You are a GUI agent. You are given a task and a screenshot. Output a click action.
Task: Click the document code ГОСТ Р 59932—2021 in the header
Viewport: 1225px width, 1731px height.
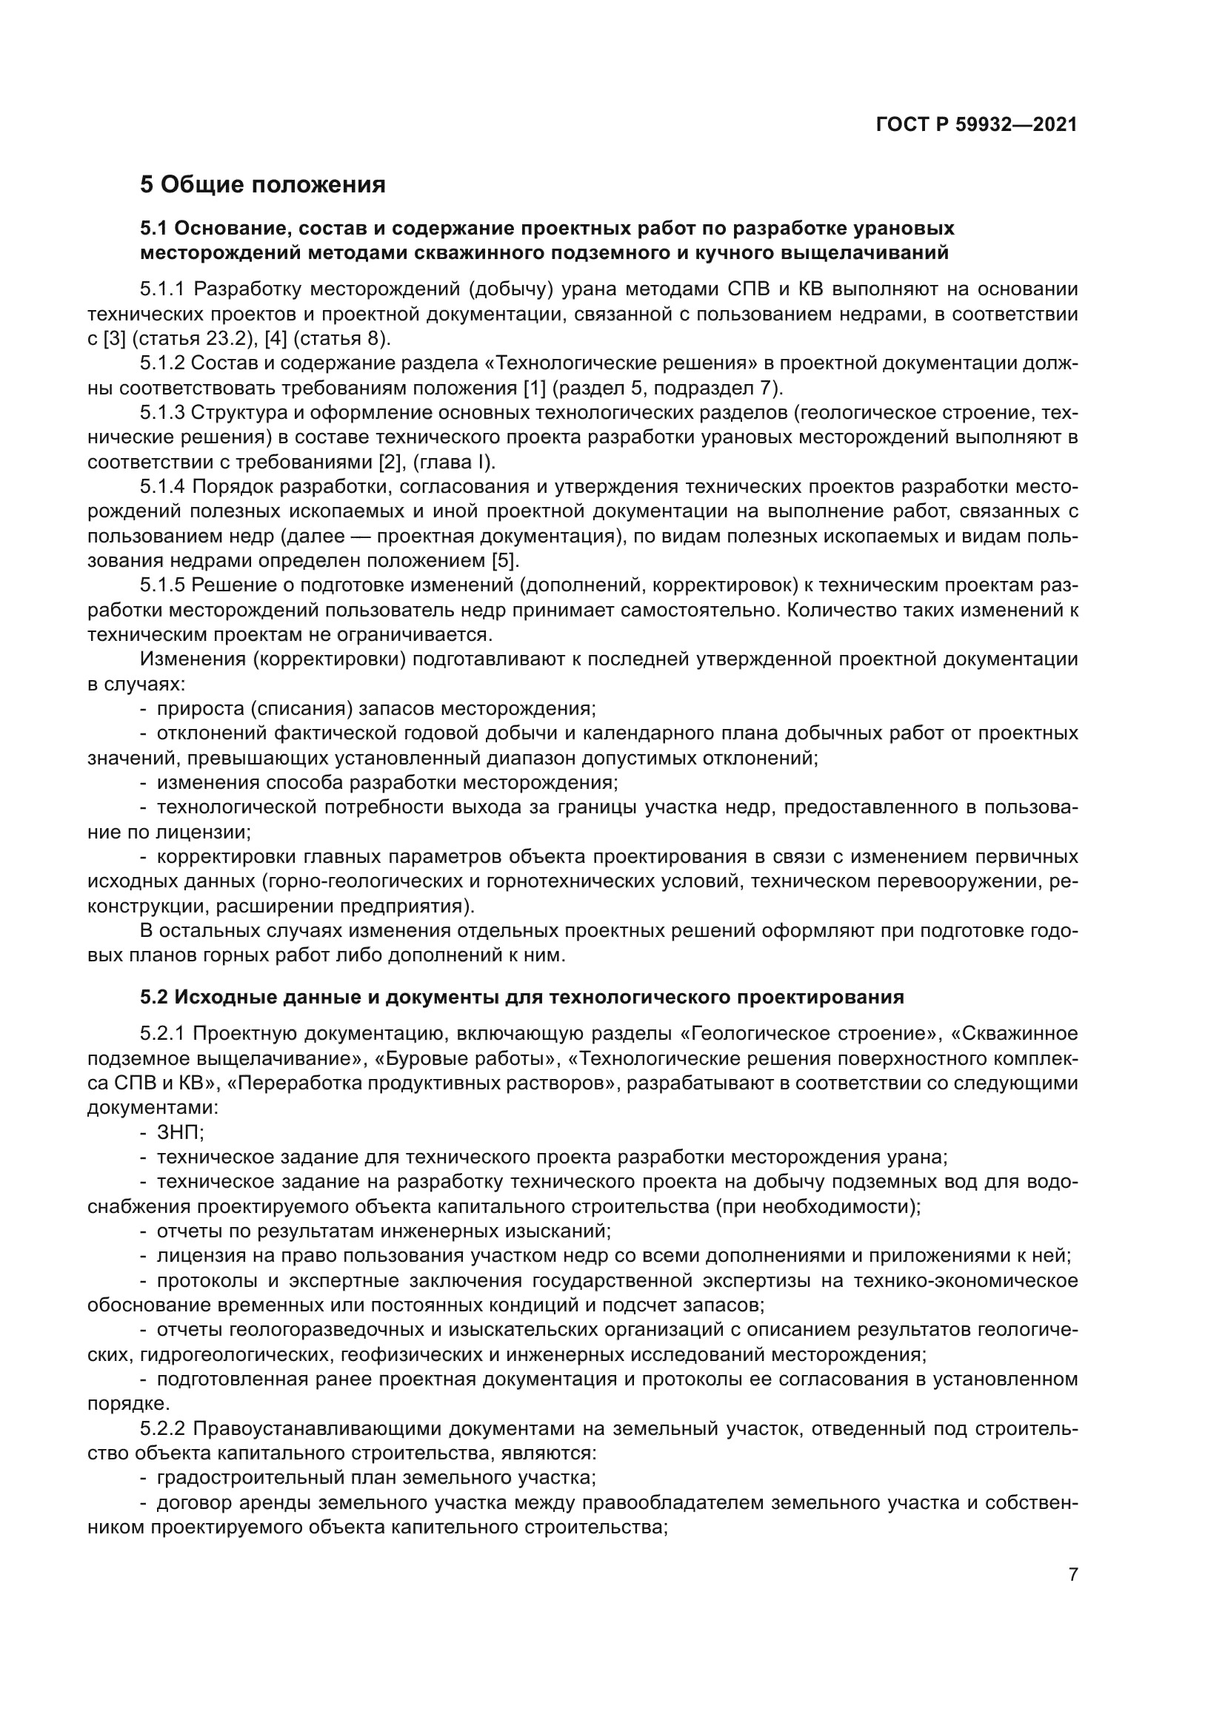pyautogui.click(x=976, y=125)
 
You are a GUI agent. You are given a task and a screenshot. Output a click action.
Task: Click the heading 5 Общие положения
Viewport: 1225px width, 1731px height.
pyautogui.click(x=262, y=185)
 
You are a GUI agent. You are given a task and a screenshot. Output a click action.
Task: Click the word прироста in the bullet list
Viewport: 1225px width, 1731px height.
pyautogui.click(x=200, y=710)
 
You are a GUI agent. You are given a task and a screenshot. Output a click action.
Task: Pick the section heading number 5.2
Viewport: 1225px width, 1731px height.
pyautogui.click(x=155, y=998)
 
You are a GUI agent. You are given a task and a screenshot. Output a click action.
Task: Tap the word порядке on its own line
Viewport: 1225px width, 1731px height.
pyautogui.click(x=125, y=1405)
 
